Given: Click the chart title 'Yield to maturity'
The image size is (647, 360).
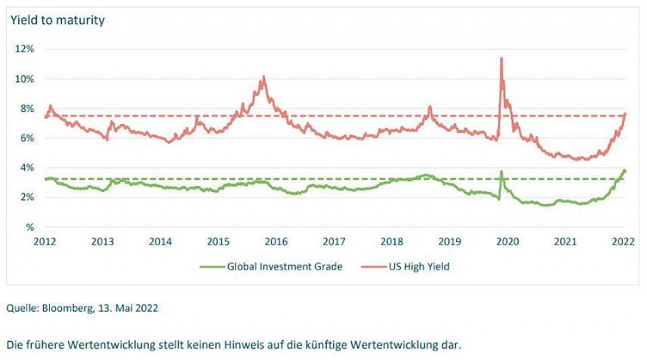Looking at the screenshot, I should click(57, 20).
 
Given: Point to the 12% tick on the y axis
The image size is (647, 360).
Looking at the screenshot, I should click(26, 49).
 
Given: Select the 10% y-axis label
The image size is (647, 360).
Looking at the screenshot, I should click(26, 79).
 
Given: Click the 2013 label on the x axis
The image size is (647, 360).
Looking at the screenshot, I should click(102, 241).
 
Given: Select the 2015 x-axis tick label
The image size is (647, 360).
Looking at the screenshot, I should click(218, 241).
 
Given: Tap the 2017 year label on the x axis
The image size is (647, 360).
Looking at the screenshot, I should click(334, 241).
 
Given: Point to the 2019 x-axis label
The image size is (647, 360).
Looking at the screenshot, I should click(450, 241).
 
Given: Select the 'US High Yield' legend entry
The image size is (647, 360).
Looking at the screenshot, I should click(419, 266).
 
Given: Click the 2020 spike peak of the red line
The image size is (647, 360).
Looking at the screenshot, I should click(501, 58).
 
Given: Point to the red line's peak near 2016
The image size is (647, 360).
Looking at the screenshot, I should click(264, 76).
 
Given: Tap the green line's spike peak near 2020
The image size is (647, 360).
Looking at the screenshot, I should click(501, 171).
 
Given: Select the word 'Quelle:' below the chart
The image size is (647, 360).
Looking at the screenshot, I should click(24, 308).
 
